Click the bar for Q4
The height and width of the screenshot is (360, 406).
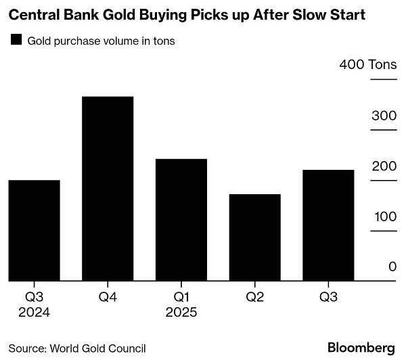pyautogui.click(x=108, y=188)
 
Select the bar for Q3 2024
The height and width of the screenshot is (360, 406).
pyautogui.click(x=34, y=230)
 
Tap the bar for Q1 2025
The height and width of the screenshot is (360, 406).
pyautogui.click(x=181, y=219)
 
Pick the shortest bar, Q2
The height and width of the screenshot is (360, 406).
pyautogui.click(x=255, y=237)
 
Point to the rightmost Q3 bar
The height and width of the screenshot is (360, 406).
pyautogui.click(x=328, y=225)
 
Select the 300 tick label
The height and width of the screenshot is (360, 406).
pyautogui.click(x=384, y=115)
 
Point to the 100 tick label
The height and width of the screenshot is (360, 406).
pyautogui.click(x=384, y=217)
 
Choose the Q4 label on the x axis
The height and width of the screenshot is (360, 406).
pyautogui.click(x=108, y=297)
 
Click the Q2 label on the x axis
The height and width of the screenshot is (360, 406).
pyautogui.click(x=255, y=297)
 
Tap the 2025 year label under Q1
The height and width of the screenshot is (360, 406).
pyautogui.click(x=181, y=313)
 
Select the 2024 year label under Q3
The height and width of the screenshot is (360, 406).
pyautogui.click(x=34, y=313)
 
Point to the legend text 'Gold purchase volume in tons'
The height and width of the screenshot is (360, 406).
pyautogui.click(x=101, y=41)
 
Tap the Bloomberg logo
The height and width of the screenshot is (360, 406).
pyautogui.click(x=361, y=347)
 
